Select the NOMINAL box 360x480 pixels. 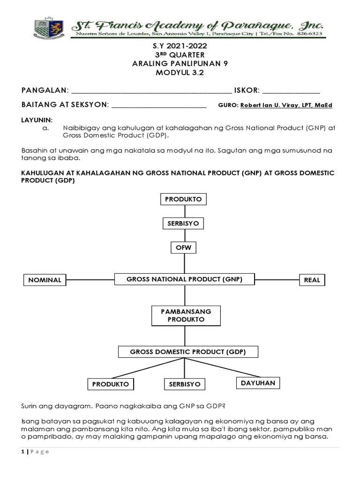[x=45, y=280]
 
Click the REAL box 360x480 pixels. [x=312, y=280]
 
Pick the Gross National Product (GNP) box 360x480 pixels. [x=185, y=279]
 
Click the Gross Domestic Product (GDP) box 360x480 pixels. [x=187, y=352]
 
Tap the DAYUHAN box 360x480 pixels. [x=258, y=383]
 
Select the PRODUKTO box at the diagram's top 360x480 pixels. [x=183, y=199]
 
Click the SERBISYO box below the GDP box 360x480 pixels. [x=184, y=384]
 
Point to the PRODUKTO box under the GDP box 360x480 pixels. [x=111, y=384]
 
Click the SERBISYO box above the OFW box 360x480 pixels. [x=183, y=224]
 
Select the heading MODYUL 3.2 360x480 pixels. [x=180, y=73]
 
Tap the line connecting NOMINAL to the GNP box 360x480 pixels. [x=90, y=280]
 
